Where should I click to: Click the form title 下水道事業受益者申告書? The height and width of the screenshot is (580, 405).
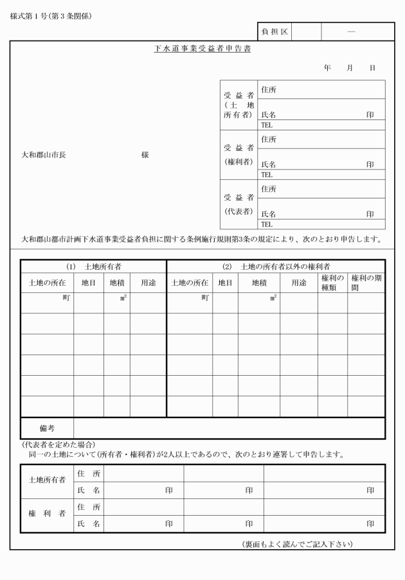[203, 49]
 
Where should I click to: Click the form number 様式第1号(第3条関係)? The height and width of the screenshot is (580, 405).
[51, 15]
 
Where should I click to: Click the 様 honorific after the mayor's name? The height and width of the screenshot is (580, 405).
[145, 155]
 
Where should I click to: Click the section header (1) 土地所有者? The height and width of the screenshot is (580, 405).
[94, 266]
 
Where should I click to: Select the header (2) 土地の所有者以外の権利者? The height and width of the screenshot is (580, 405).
[276, 266]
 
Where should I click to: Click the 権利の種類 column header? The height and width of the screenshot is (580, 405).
[332, 282]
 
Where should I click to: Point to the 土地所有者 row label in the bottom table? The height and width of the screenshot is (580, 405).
[48, 481]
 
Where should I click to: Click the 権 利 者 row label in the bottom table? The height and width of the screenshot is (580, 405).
[48, 515]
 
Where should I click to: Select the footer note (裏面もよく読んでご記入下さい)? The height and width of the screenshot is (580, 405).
[297, 545]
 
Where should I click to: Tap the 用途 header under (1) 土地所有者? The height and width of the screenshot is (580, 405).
[148, 283]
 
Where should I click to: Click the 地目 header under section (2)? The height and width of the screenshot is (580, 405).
[225, 283]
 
